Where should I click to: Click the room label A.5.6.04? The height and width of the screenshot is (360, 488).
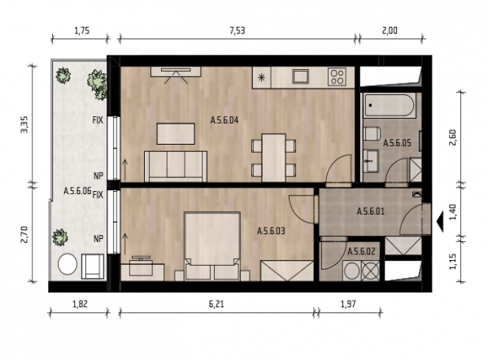(224, 120)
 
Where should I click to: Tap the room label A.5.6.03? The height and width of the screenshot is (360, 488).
(271, 231)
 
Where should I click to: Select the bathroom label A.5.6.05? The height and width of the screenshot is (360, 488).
(397, 143)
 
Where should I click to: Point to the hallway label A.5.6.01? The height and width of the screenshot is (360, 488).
(371, 212)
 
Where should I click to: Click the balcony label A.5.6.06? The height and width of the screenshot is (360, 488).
(77, 191)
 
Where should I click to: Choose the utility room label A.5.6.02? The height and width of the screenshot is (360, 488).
(361, 251)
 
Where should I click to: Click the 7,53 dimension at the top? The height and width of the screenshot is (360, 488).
(237, 31)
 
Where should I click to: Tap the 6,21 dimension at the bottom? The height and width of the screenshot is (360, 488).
(216, 304)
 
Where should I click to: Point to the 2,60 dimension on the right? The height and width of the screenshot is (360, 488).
(453, 137)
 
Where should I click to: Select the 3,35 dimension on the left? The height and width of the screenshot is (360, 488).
(24, 124)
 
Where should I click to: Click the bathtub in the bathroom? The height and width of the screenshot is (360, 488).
(390, 106)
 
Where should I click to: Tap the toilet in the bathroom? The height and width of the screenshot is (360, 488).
(372, 134)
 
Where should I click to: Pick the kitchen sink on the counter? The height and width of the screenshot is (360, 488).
(300, 76)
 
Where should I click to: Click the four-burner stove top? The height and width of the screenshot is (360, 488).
(337, 76)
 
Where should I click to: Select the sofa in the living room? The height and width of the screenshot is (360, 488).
(176, 167)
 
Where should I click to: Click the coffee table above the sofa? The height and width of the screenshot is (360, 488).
(176, 133)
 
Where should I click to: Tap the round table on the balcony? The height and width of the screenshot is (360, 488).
(68, 265)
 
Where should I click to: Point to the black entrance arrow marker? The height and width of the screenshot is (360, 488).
(440, 221)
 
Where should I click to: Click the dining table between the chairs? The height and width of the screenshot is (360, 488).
(273, 158)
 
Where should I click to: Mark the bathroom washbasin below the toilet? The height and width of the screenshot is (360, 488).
(372, 161)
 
